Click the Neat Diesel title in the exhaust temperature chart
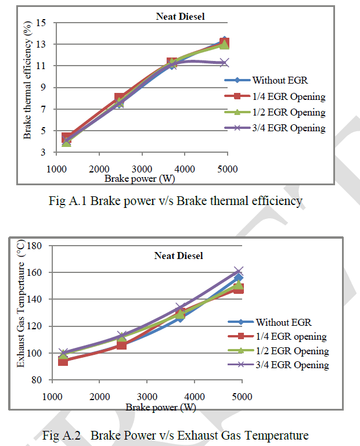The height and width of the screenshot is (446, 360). (x=178, y=256)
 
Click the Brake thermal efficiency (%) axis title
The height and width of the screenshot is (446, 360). (x=27, y=87)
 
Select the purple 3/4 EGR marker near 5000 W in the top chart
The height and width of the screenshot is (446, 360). (x=224, y=62)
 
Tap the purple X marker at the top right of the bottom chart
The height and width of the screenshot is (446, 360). (x=238, y=271)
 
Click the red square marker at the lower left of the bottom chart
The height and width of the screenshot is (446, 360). (x=63, y=361)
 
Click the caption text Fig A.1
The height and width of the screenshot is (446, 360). (x=68, y=202)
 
